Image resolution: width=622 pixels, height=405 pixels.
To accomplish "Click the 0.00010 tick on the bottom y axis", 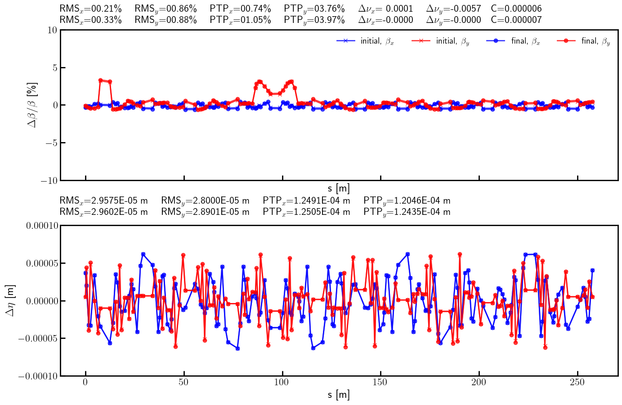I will (42, 226).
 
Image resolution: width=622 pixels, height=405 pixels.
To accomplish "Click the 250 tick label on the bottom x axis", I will (577, 383).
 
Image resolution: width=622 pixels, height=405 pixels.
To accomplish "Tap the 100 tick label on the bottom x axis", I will (282, 383).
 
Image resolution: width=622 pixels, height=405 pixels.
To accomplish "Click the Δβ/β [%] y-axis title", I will (32, 105).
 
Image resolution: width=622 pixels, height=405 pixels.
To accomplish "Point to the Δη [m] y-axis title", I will (10, 300).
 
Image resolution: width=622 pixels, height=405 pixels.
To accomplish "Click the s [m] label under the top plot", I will (339, 189).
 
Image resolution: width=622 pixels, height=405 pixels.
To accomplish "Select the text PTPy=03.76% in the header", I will (314, 9).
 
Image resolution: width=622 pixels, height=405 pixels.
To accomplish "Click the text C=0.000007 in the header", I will (516, 20).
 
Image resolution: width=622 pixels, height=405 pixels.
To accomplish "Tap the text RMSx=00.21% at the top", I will (90, 9).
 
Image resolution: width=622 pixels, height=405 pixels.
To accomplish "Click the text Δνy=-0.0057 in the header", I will (453, 9).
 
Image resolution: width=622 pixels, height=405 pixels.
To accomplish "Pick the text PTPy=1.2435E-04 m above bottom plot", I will (407, 212).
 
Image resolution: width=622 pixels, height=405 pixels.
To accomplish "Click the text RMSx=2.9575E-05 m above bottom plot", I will (103, 200).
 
